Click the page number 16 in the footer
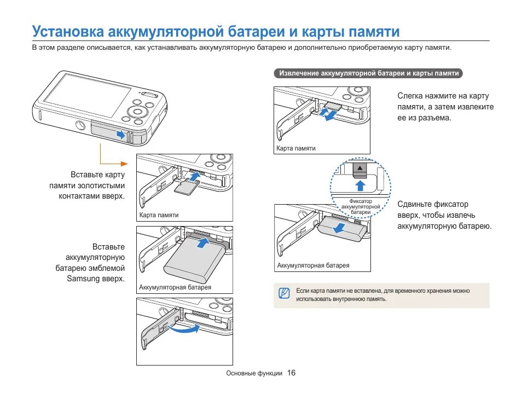click(291, 373)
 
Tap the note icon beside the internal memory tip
click(283, 293)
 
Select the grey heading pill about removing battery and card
click(369, 73)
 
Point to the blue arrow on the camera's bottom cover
click(120, 133)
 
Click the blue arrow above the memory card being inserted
click(195, 177)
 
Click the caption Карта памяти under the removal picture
click(296, 148)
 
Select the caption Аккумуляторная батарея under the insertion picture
click(175, 287)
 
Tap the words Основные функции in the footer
click(254, 373)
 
